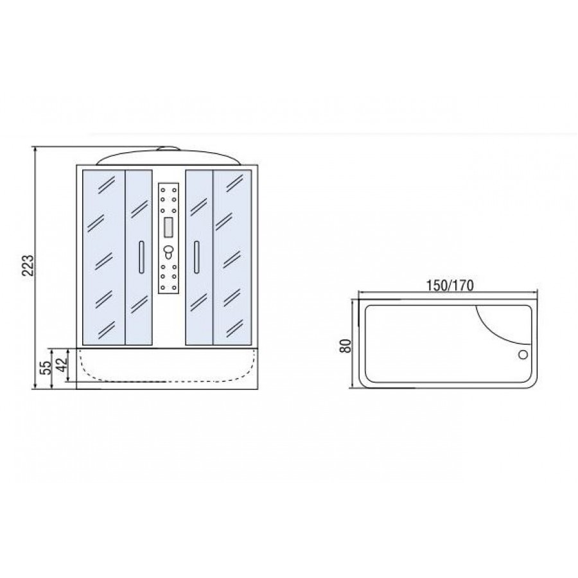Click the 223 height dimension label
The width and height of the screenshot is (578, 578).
click(x=28, y=265)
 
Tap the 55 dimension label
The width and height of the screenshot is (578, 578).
click(x=46, y=367)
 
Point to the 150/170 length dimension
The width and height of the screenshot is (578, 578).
click(x=450, y=285)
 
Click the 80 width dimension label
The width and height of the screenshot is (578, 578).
click(x=346, y=346)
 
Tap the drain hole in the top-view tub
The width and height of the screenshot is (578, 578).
click(x=523, y=355)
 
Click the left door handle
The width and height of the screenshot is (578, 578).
click(x=141, y=258)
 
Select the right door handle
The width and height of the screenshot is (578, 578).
click(x=197, y=258)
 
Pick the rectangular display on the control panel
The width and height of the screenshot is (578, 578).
click(x=168, y=227)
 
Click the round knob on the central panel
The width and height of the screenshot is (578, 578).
click(x=168, y=251)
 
